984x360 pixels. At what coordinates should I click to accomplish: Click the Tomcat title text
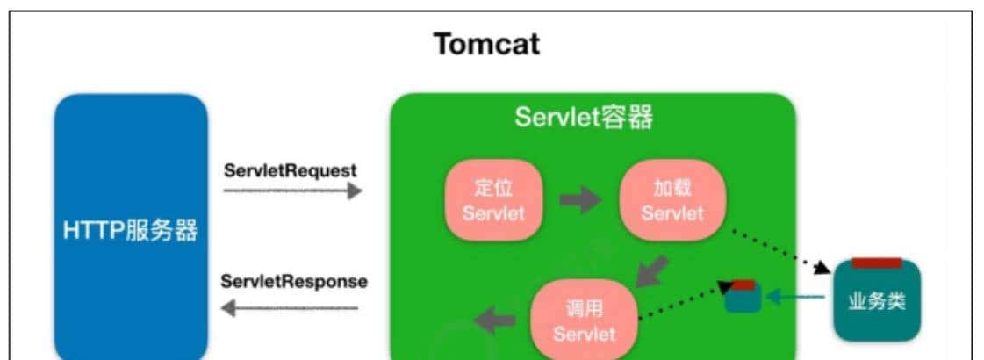(x=486, y=44)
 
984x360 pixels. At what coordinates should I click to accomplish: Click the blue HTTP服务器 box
(x=131, y=230)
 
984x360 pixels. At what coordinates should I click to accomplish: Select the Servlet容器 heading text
(x=583, y=118)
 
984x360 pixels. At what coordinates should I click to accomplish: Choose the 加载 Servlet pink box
(x=672, y=200)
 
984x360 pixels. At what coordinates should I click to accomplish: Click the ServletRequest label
(x=291, y=170)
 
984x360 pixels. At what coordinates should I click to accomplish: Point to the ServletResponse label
(x=294, y=282)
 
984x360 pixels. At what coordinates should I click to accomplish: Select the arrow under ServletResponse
(x=291, y=308)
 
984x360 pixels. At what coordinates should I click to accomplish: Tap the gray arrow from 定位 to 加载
(x=580, y=200)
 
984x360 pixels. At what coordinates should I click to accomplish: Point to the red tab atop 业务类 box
(x=877, y=263)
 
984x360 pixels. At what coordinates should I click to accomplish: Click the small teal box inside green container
(x=743, y=299)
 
